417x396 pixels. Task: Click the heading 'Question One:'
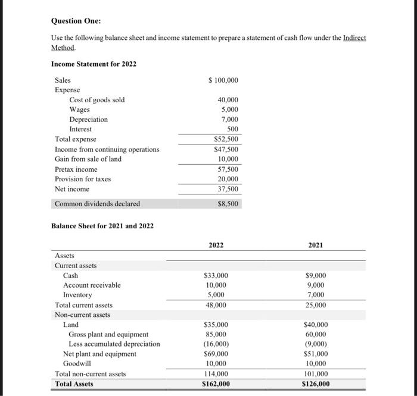[x=76, y=21]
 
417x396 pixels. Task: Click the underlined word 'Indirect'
[x=355, y=37]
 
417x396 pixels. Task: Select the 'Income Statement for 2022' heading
[x=94, y=64]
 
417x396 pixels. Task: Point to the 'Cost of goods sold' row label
[x=97, y=100]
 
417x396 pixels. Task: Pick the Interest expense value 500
[x=232, y=129]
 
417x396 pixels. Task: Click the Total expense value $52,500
[x=226, y=139]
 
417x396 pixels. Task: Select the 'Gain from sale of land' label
[x=88, y=159]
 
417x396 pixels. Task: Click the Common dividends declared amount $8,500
[x=228, y=204]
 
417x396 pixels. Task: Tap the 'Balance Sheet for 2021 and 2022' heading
[x=102, y=226]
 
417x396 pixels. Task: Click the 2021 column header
[x=316, y=245]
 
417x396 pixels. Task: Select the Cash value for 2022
[x=216, y=276]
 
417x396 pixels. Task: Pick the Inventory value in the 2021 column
[x=316, y=295]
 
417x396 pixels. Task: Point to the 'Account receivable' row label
[x=92, y=285]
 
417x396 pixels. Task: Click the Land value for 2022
[x=216, y=325]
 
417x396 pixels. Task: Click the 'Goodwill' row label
[x=80, y=363]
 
